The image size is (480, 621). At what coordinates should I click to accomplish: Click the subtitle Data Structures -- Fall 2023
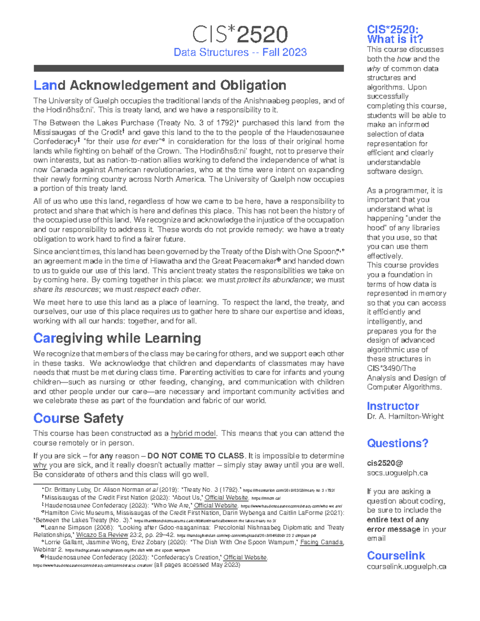click(240, 52)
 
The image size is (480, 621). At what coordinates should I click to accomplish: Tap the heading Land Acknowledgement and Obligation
click(160, 85)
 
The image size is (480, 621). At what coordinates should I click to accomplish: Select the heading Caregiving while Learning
click(117, 338)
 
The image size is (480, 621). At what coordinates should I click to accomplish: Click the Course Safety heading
click(78, 418)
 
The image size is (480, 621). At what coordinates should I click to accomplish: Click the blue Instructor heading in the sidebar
click(392, 406)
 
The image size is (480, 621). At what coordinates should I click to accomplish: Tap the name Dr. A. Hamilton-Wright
click(405, 416)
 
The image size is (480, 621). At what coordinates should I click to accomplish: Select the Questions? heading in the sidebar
click(397, 443)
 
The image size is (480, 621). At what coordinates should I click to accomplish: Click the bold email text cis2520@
click(385, 463)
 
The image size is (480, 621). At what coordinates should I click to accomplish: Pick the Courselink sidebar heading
click(396, 555)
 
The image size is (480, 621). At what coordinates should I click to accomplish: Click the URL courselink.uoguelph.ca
click(406, 567)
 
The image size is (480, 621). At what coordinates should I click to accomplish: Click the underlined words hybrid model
click(194, 433)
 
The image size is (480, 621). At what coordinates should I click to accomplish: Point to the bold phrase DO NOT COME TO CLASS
click(196, 456)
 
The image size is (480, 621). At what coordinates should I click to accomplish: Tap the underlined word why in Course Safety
click(40, 465)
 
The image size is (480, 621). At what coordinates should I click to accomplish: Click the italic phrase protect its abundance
click(274, 280)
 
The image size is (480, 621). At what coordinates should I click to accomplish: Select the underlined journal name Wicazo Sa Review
click(102, 535)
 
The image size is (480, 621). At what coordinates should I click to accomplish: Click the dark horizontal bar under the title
click(188, 68)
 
